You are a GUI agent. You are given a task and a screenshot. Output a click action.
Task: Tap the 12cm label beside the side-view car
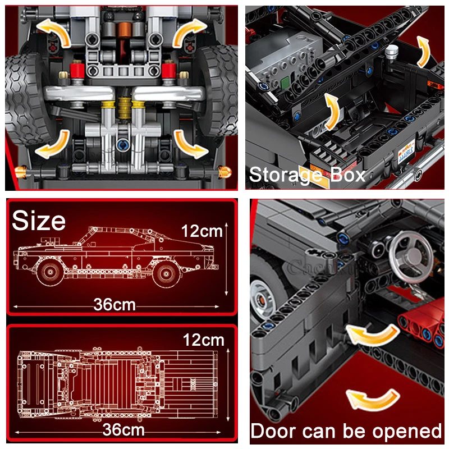click(202, 231)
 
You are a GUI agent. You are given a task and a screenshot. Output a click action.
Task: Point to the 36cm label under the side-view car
click(115, 305)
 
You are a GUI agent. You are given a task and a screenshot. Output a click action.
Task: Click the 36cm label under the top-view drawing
click(123, 430)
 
